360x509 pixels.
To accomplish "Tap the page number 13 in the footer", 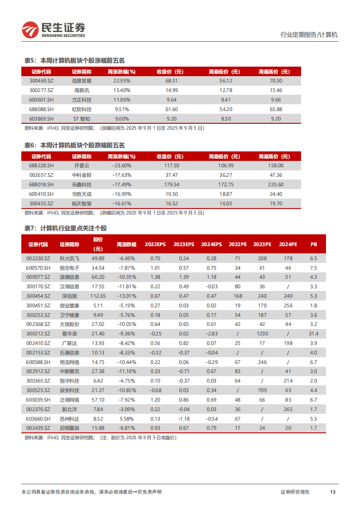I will tap(332, 492).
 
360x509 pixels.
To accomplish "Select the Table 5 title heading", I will tap(74, 60).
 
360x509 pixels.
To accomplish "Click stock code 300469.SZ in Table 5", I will tap(41, 81).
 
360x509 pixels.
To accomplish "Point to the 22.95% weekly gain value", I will tap(122, 81).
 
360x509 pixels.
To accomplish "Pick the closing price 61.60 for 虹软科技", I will tap(172, 109).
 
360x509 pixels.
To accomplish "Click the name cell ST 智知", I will tap(82, 119).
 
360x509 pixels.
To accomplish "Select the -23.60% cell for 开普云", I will tap(122, 166).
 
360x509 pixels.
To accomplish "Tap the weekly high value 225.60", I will tap(276, 185).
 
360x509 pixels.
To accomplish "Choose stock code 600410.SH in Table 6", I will tap(41, 194).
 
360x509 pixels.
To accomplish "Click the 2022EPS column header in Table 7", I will tap(155, 244).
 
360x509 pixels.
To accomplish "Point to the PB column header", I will tap(314, 244).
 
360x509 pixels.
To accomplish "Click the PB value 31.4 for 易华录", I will tap(314, 334).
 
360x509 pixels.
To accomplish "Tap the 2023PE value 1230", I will tap(262, 334).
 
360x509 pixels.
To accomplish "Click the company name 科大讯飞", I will tap(69, 258).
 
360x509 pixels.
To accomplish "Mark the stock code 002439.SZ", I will tap(38, 428).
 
